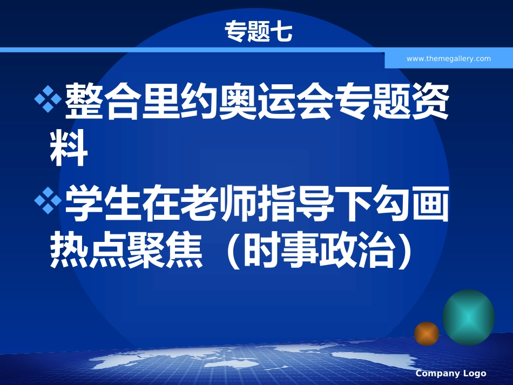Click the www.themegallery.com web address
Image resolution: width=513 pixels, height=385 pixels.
click(x=448, y=59)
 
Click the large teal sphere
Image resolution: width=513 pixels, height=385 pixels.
click(x=468, y=318)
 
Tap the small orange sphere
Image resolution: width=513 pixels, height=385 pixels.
click(x=427, y=333)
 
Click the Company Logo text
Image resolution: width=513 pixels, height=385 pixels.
click(x=451, y=374)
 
